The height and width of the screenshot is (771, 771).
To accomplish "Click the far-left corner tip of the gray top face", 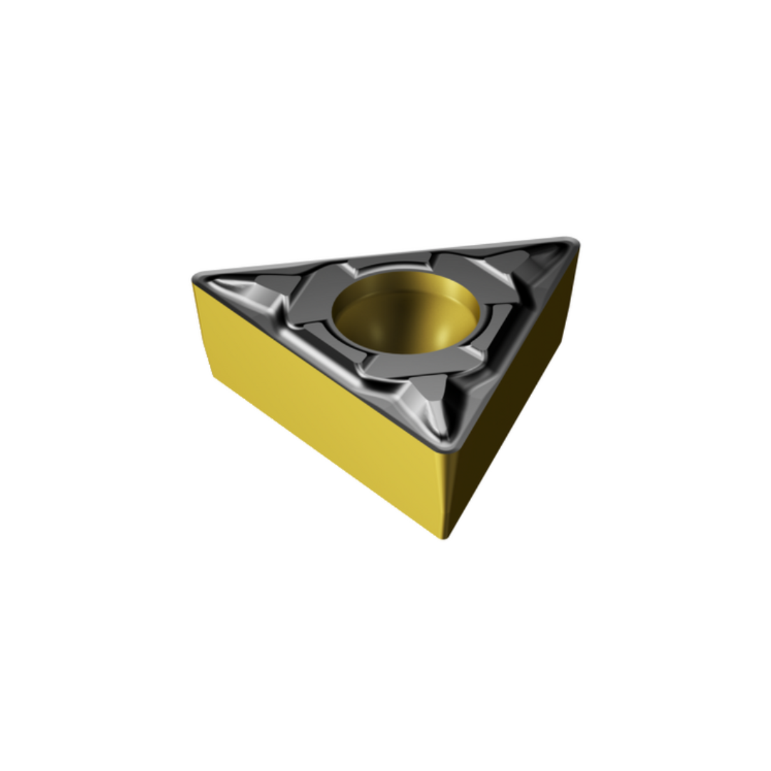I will point(196,279).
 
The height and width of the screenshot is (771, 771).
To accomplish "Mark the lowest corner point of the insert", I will point(443,537).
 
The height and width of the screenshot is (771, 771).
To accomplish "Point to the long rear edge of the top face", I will point(385,256).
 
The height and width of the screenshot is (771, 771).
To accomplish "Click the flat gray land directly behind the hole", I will point(400,265).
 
